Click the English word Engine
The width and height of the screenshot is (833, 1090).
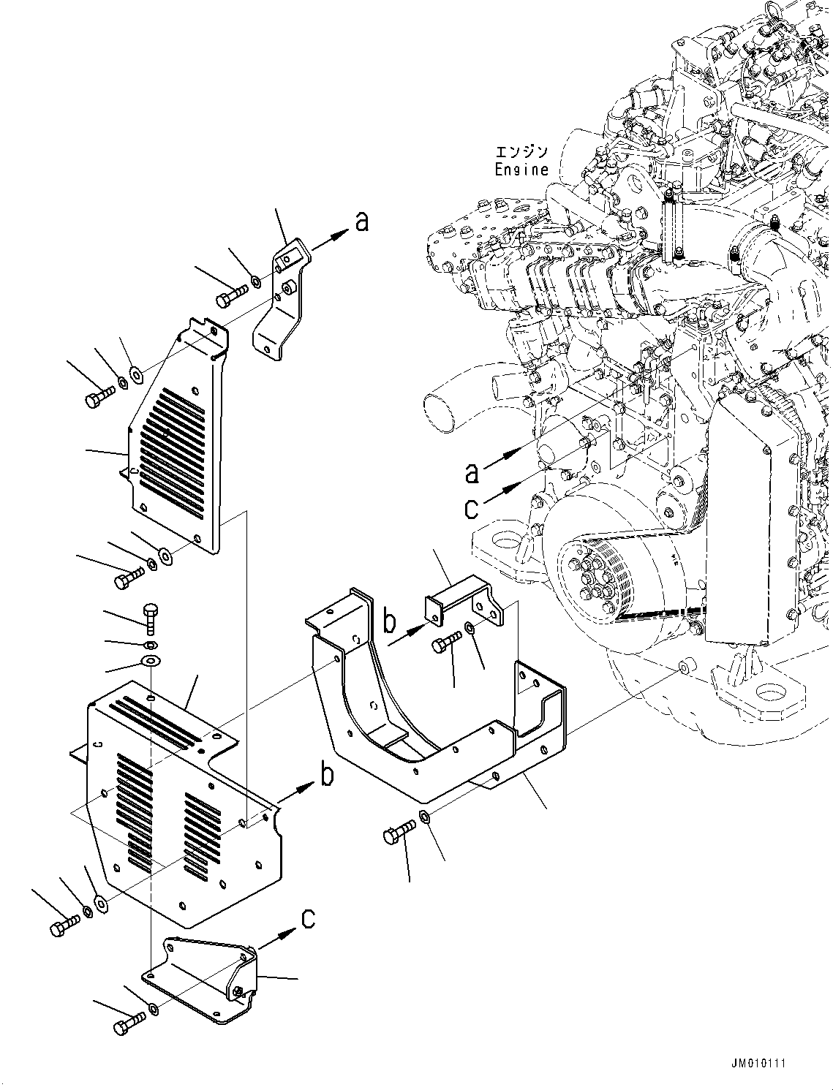click(521, 170)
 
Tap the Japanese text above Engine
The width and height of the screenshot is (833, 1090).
click(521, 152)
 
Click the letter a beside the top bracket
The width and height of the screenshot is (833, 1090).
click(362, 222)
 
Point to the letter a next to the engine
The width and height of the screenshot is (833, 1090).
click(473, 473)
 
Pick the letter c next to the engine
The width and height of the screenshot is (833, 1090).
click(472, 509)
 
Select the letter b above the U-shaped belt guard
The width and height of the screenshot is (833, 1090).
click(391, 623)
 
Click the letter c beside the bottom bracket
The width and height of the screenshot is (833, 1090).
click(309, 918)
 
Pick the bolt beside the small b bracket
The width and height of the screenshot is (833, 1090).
click(446, 644)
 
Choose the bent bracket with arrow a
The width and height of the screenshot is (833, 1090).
click(282, 300)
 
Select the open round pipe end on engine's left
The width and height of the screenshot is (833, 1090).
click(443, 410)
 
